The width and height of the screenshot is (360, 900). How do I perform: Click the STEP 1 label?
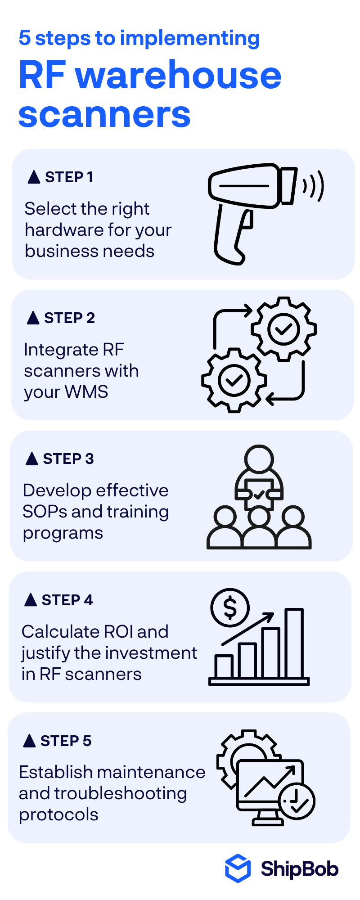(x=69, y=177)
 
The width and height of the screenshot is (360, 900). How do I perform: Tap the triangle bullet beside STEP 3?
(x=32, y=459)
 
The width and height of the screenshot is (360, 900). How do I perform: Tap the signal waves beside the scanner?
(x=314, y=185)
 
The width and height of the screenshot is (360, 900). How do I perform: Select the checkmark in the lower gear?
(x=234, y=381)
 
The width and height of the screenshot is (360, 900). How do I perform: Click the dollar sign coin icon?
(x=230, y=607)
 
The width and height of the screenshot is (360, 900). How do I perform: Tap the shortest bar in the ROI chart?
(x=224, y=667)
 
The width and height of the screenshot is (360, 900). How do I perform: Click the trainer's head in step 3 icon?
(x=259, y=459)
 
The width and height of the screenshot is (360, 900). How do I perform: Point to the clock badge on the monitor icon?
(x=297, y=801)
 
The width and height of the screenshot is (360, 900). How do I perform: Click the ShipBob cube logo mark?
(x=238, y=868)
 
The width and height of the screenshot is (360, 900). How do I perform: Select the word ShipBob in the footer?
(x=299, y=868)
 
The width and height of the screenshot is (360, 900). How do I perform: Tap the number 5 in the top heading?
(x=24, y=38)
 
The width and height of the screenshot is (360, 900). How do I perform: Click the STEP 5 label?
(x=66, y=741)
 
